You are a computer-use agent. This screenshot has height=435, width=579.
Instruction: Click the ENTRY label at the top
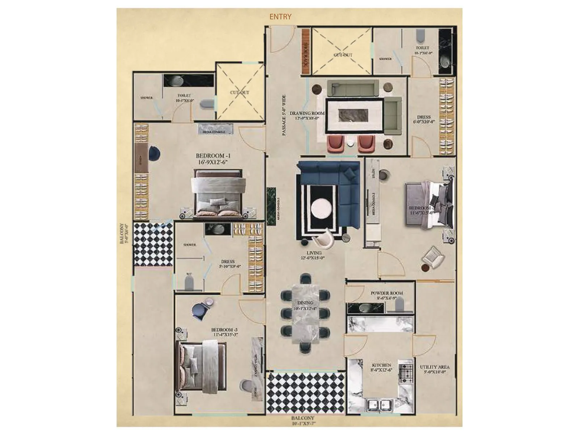click(280, 17)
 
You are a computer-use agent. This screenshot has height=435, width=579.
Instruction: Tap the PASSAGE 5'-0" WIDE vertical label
click(284, 115)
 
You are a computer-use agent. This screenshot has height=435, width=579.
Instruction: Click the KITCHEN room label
click(381, 367)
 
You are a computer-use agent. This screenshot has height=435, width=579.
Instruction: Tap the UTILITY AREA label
click(434, 369)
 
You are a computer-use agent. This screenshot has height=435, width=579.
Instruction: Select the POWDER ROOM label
click(386, 295)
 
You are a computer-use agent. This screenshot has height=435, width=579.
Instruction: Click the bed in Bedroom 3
click(201, 366)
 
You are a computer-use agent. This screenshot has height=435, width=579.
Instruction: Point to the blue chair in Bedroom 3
click(198, 310)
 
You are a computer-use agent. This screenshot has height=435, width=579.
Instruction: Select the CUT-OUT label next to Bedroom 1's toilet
click(240, 92)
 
